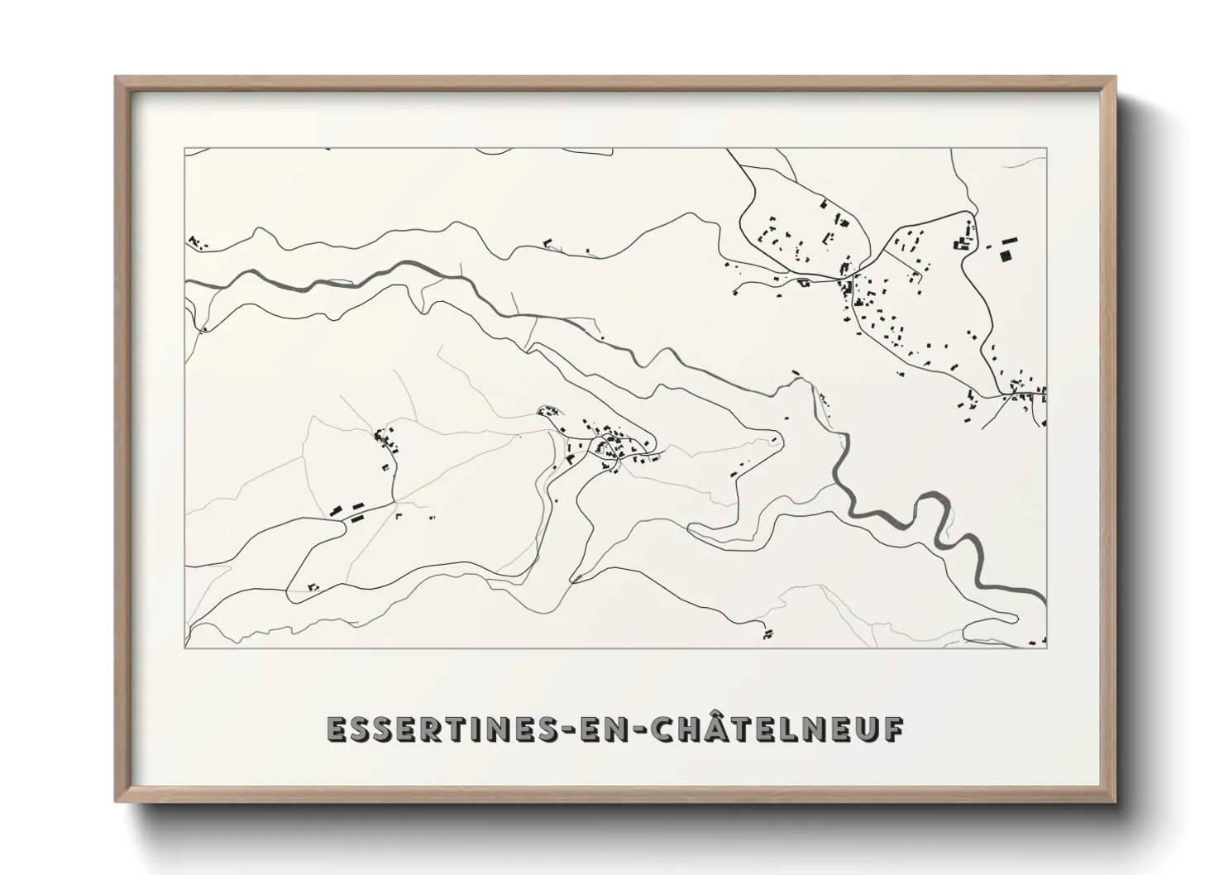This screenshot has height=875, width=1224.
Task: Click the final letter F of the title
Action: tap(894, 729)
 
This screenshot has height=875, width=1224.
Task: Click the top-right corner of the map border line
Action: tap(1046, 149)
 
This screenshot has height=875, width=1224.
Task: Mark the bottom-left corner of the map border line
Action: tap(184, 647)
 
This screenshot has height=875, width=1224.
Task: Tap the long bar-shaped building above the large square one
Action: tap(1008, 240)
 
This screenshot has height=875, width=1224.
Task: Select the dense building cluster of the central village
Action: tap(610, 447)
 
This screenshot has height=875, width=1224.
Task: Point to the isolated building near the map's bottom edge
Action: tap(767, 634)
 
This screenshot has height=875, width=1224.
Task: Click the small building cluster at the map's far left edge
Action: tap(196, 242)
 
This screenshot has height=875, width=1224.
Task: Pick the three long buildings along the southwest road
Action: tap(348, 510)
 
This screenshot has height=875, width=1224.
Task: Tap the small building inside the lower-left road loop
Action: tap(313, 586)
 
